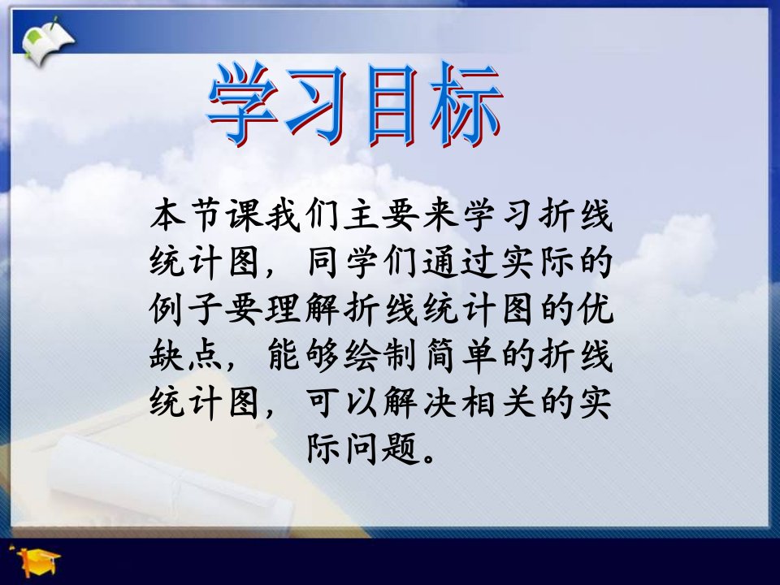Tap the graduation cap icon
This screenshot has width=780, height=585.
36,560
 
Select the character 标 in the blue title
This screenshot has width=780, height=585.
466,106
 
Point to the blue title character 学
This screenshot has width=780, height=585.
243,106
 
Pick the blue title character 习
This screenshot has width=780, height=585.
318,106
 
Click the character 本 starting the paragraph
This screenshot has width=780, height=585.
169,214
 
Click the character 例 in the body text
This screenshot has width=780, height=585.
167,308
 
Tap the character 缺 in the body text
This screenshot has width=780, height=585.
167,355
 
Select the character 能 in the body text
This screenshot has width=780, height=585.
285,355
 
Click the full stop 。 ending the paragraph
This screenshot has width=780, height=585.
429,457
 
